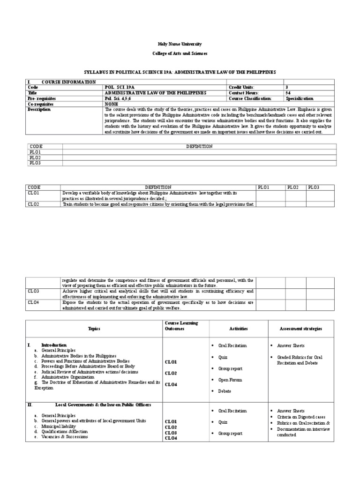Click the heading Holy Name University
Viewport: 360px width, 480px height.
pyautogui.click(x=180, y=44)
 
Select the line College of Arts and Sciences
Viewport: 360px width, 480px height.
pyautogui.click(x=180, y=54)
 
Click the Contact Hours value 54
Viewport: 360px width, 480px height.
pyautogui.click(x=287, y=93)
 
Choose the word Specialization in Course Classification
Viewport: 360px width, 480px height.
pyautogui.click(x=299, y=98)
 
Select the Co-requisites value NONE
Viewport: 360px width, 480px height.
pyautogui.click(x=112, y=104)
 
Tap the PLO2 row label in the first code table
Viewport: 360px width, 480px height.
pyautogui.click(x=35, y=157)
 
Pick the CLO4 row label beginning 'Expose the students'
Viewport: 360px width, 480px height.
pyautogui.click(x=33, y=302)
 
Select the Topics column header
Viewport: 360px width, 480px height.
pyautogui.click(x=94, y=329)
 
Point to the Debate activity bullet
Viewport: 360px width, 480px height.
pyautogui.click(x=225, y=391)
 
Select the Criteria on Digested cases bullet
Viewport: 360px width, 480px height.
pyautogui.click(x=300, y=417)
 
